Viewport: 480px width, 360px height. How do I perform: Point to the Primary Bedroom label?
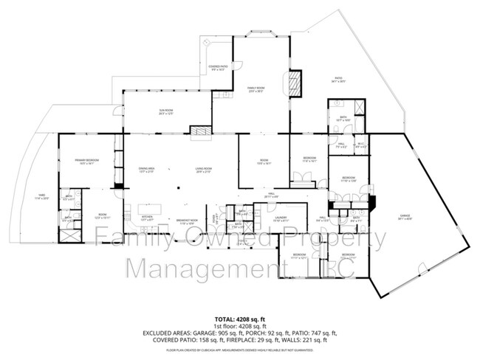(x=87, y=162)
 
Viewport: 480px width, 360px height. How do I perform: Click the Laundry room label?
(x=281, y=219)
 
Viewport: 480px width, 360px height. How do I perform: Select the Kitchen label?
(x=147, y=218)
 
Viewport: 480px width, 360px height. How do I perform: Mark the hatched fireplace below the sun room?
(x=200, y=131)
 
